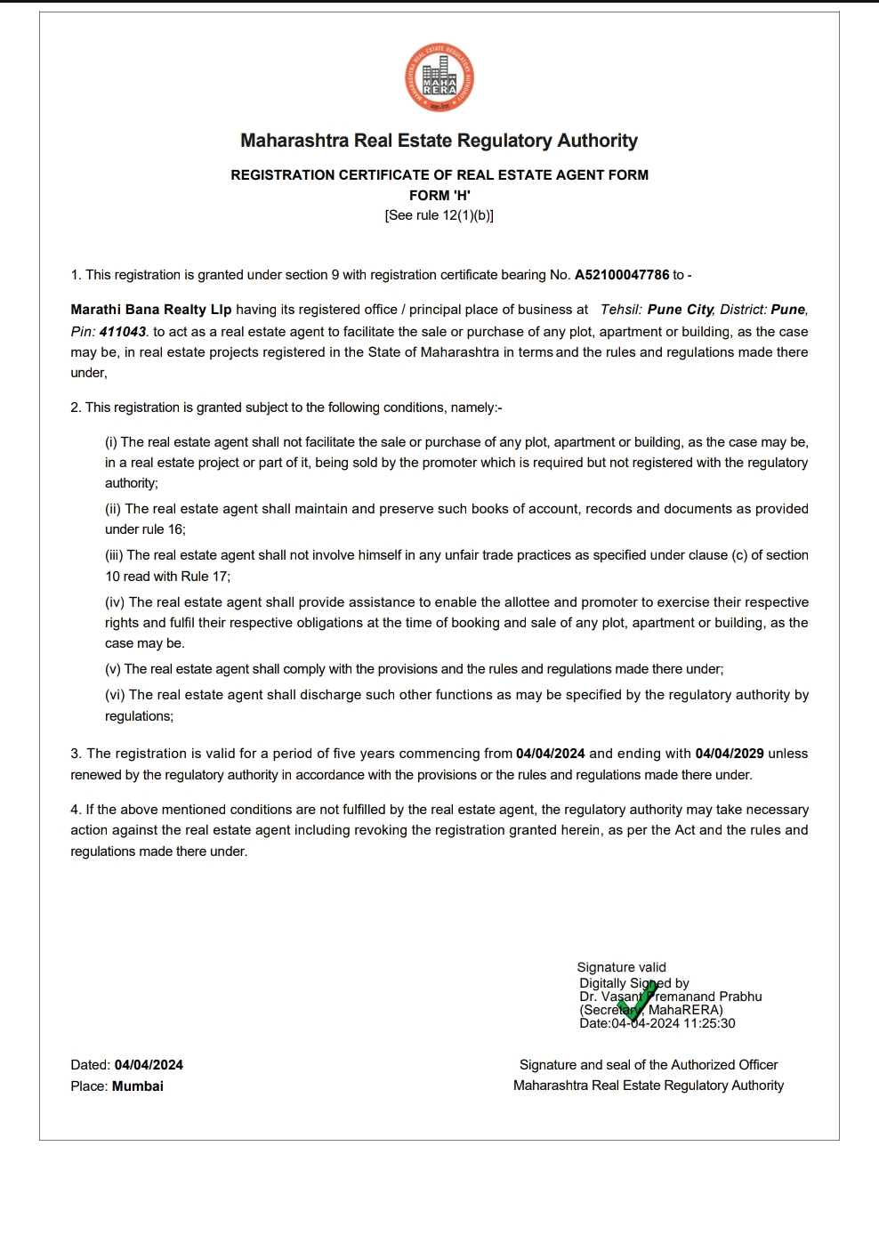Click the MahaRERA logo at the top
point(439,78)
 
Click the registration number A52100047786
point(622,275)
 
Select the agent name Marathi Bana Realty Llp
point(151,310)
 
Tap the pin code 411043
point(122,332)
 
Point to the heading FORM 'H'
point(439,196)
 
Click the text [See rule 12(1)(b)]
point(439,215)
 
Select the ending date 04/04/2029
point(729,754)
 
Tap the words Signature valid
point(621,967)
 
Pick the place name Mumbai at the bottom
point(138,1086)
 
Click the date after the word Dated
point(149,1065)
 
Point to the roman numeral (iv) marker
point(116,602)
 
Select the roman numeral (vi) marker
point(116,695)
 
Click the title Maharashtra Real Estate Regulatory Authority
point(439,141)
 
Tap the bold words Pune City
point(681,310)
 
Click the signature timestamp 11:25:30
point(709,1023)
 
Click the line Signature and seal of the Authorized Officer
point(649,1065)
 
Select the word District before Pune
point(743,310)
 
